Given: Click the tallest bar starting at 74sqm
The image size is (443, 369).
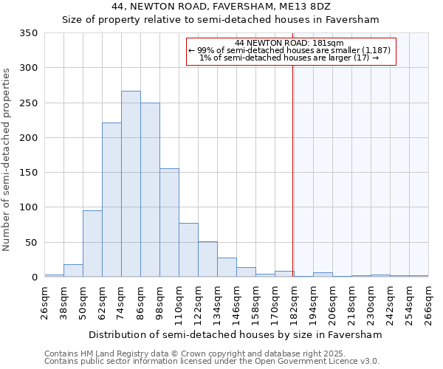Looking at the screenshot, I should (131, 184).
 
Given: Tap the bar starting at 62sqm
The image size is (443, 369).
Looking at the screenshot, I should (111, 200).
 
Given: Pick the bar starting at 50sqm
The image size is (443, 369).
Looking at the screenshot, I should (92, 244).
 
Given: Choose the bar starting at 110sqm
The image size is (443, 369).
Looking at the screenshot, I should (188, 250).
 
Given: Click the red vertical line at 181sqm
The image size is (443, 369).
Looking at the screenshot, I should (293, 170).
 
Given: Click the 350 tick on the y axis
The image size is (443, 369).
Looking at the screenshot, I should (28, 33).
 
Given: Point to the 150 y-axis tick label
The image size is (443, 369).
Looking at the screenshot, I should (28, 173).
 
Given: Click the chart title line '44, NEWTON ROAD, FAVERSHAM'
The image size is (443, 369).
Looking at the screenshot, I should (221, 7).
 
